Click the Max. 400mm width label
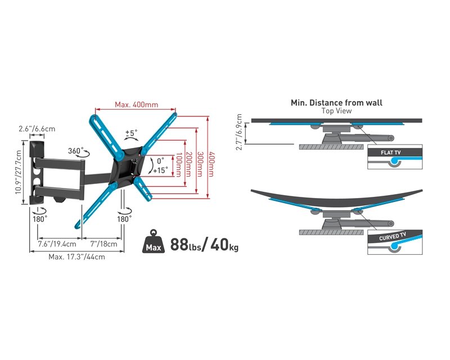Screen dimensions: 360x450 tap(136, 105)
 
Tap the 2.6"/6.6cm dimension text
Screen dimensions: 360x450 tap(37, 129)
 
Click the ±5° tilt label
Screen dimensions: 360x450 tap(131, 133)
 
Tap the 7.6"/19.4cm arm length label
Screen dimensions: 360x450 tap(57, 244)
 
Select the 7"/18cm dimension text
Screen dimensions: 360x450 tap(103, 244)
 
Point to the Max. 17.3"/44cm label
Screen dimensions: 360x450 tap(76, 257)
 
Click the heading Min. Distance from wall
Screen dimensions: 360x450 tap(336, 102)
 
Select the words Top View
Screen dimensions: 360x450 tap(336, 111)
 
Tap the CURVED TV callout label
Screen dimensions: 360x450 tap(393, 237)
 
